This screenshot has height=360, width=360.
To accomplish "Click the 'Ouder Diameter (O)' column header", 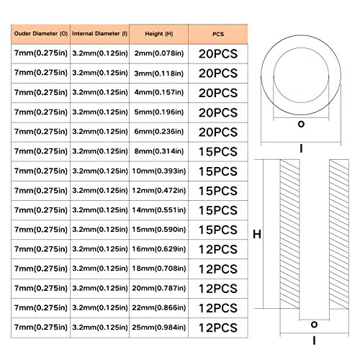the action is click(41, 34).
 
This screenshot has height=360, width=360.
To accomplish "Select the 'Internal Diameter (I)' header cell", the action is click(99, 34).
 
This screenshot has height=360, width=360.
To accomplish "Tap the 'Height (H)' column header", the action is click(159, 34).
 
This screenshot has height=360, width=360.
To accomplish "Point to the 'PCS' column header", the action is click(218, 34).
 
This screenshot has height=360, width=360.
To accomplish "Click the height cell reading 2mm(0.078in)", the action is click(159, 53).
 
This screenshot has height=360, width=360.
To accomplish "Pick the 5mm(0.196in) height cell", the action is click(159, 112).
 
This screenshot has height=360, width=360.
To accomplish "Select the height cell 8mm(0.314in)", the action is click(159, 151).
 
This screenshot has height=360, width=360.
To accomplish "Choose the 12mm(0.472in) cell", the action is click(159, 191).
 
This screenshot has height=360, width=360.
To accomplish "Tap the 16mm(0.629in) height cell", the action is click(159, 249).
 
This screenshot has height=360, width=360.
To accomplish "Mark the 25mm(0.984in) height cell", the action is click(159, 328).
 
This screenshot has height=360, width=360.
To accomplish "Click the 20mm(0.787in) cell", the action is click(159, 288).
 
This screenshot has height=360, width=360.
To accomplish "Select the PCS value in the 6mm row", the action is click(218, 132).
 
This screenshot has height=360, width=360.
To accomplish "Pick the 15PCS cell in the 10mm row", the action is click(218, 171).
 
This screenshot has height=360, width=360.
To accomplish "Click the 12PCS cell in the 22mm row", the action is click(218, 308).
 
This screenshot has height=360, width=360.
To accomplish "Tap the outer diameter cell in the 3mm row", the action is click(41, 73).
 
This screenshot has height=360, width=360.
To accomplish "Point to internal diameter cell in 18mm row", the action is click(99, 269).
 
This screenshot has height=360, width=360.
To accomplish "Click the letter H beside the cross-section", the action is click(257, 234).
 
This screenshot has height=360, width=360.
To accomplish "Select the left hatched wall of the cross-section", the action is click(289, 234).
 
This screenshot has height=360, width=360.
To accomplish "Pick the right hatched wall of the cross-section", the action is click(339, 234).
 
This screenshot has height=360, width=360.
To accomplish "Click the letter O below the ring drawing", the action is click(301, 124).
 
